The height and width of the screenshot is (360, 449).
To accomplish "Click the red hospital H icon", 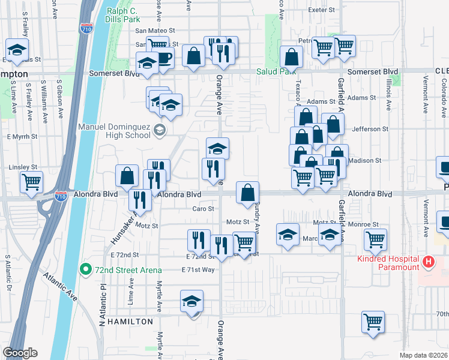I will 428,262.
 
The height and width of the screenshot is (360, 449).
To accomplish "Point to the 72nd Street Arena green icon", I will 87,269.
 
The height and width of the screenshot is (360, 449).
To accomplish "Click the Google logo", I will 20,353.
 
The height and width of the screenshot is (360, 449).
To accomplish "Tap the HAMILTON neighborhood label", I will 127,322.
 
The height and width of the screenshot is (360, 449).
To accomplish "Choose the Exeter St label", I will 322,10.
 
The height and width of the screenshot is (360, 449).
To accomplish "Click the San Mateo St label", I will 155,30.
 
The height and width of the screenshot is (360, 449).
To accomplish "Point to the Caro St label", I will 203,209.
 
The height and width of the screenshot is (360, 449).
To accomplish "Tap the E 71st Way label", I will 198,270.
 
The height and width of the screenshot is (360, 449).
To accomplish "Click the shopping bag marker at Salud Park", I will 291,57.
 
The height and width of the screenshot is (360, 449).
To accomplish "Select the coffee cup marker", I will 163,58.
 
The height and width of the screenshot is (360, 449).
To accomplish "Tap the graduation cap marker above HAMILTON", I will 192,301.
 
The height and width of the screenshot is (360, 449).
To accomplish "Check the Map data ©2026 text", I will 423,355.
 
